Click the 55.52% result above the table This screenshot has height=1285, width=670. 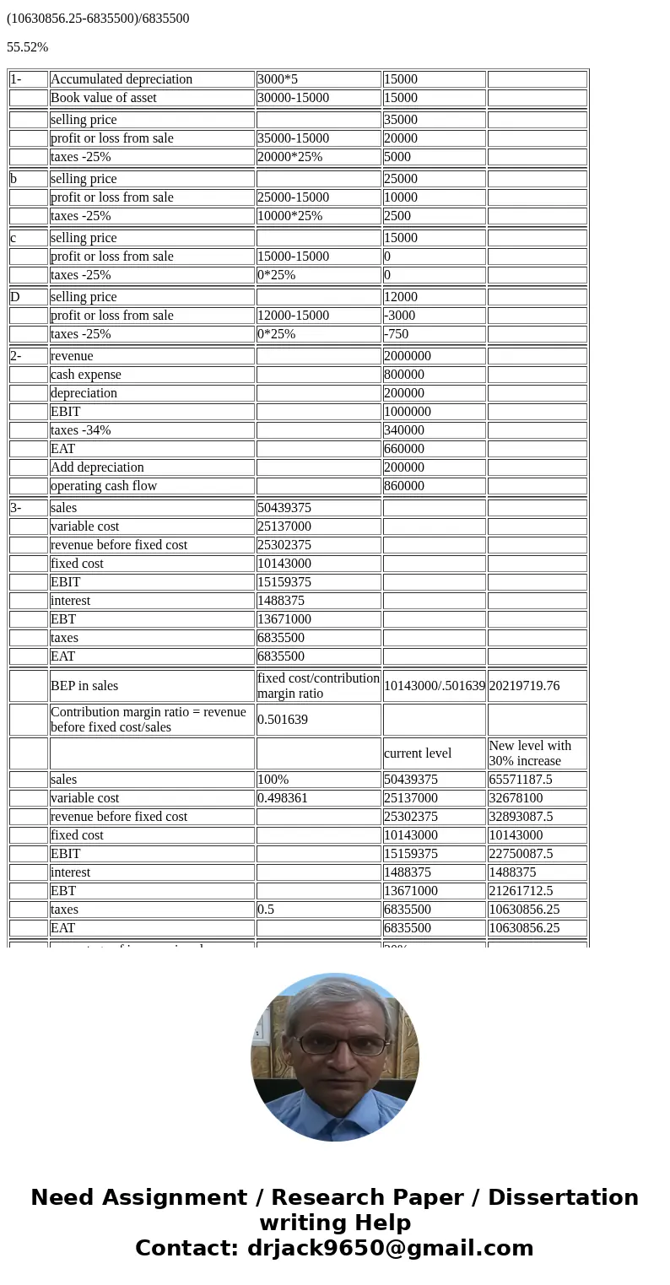click(27, 47)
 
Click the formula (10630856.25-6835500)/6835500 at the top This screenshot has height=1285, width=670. click(98, 18)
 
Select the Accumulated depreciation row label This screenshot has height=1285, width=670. click(122, 79)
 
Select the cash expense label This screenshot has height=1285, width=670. click(86, 375)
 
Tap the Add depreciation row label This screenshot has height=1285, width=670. click(97, 467)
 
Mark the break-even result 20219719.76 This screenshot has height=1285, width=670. click(524, 686)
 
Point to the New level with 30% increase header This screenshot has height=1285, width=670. click(530, 753)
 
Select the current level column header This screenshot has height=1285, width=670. click(418, 753)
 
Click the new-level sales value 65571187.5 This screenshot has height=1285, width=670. click(521, 780)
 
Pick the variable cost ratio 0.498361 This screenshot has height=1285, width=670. click(284, 798)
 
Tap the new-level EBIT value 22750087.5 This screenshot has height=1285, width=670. click(521, 854)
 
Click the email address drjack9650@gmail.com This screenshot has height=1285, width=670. click(390, 1248)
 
